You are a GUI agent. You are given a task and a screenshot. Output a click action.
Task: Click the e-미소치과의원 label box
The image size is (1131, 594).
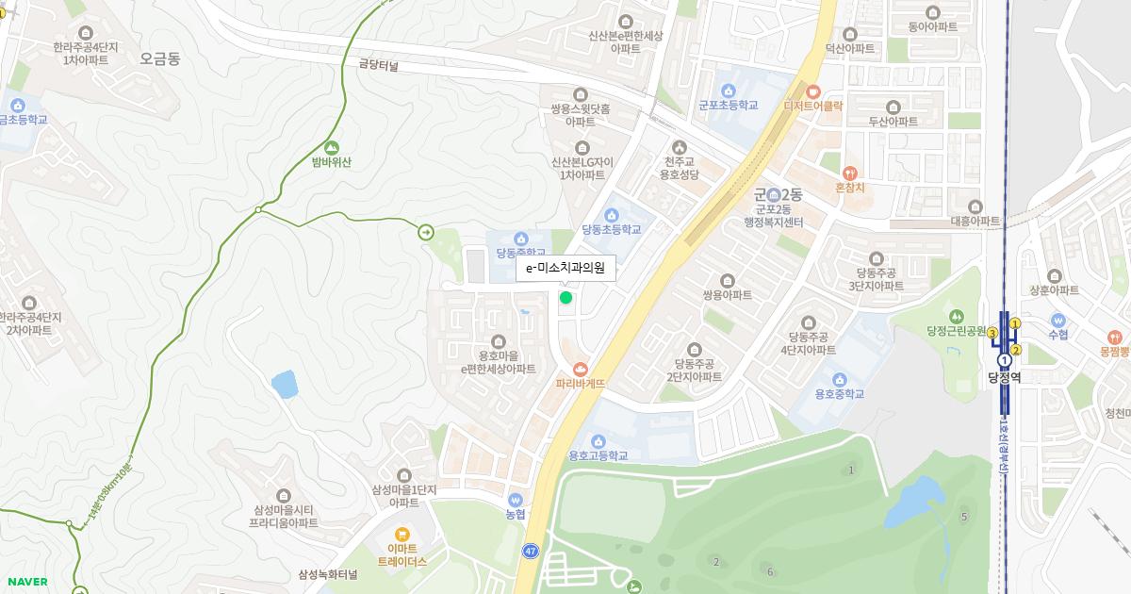click(x=565, y=268)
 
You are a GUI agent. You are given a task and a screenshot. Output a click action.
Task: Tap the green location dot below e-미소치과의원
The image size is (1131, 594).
click(x=565, y=298)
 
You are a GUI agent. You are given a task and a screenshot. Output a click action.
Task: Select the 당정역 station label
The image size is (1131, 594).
click(x=1004, y=377)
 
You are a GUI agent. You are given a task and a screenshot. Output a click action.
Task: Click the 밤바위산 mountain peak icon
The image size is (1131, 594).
click(x=331, y=147)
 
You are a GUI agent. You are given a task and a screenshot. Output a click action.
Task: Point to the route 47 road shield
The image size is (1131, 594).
click(x=532, y=551)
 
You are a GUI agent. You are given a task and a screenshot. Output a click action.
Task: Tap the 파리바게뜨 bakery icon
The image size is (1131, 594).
click(x=580, y=368)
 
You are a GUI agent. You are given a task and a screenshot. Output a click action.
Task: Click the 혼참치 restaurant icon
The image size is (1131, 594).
click(x=849, y=173)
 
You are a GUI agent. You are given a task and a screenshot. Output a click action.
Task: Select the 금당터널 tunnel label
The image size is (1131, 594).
click(x=379, y=66)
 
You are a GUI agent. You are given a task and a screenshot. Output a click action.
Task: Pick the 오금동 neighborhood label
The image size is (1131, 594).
click(x=159, y=58)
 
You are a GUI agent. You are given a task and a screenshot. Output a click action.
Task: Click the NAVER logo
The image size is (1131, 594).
click(x=26, y=582)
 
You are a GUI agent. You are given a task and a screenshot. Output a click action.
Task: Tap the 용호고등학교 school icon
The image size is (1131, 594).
click(x=598, y=440)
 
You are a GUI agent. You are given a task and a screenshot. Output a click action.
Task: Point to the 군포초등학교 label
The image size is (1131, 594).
click(x=728, y=106)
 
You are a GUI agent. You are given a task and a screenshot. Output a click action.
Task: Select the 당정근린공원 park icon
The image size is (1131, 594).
click(x=957, y=316)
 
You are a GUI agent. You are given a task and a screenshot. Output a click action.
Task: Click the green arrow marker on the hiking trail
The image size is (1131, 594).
click(x=426, y=231)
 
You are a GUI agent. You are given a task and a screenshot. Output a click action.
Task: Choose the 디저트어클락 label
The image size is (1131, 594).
click(x=812, y=106)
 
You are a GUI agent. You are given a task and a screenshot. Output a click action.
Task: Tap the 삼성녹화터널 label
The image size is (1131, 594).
click(x=328, y=574)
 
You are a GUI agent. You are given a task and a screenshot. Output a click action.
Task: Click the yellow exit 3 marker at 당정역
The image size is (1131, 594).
click(x=992, y=333)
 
